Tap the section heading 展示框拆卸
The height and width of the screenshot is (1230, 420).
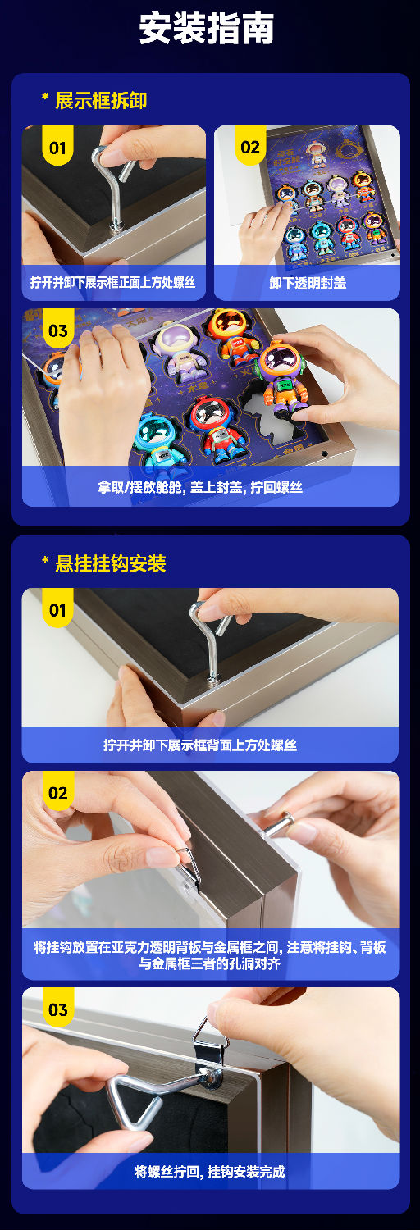pos(101,101)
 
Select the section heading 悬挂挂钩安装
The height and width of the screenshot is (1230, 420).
pos(110,563)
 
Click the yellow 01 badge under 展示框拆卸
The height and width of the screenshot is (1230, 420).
pos(57,147)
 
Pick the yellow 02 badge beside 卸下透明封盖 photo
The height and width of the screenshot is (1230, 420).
pos(250,147)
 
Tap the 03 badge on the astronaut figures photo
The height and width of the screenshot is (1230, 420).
pos(57,330)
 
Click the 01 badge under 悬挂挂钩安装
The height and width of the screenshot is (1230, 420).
pos(57,609)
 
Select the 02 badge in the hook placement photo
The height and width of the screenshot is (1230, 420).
pos(57,793)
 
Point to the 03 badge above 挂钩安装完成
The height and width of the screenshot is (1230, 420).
pos(57,1009)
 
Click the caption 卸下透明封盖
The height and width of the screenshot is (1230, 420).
pos(307,282)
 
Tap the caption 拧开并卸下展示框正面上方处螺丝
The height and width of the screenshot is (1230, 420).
pos(113,282)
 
